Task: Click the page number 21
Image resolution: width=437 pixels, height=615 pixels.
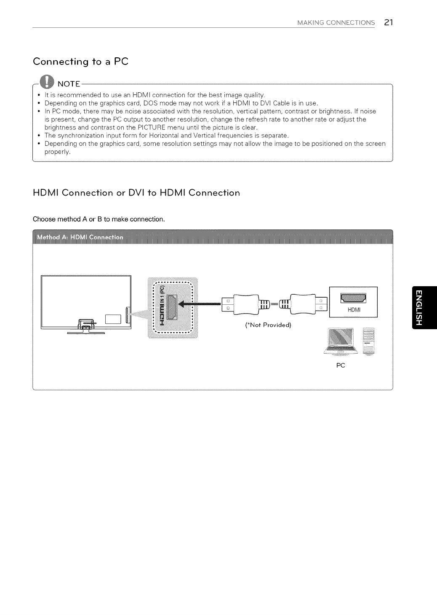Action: (388, 22)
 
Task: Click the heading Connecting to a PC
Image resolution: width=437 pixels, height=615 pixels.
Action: (80, 62)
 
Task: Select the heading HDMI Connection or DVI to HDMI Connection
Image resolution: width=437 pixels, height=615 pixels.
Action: (136, 193)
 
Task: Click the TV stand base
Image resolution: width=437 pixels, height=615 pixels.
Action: (86, 332)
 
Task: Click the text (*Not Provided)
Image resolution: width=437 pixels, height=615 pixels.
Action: (268, 325)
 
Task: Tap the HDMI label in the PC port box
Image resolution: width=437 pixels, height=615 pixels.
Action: (354, 310)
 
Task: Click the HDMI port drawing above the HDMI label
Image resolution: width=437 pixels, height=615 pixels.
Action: (353, 298)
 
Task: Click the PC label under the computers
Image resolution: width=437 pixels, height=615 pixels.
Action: (341, 365)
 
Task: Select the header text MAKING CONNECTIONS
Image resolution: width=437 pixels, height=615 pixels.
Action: (336, 23)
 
